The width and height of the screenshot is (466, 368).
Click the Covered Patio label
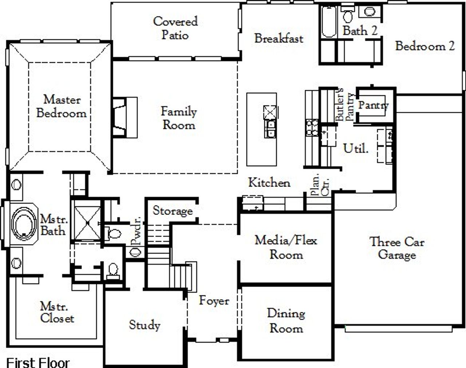pos(175,28)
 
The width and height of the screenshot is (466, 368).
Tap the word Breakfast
pos(279,38)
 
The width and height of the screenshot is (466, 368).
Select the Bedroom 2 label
pos(425,46)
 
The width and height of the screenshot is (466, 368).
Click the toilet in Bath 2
pos(348,16)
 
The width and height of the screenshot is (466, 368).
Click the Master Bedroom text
pos(62,106)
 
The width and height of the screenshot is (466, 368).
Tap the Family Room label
pos(179,118)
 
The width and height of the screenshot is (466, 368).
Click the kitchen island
pos(261,129)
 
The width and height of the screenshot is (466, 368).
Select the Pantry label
pos(374,105)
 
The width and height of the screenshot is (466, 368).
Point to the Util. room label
pos(356,148)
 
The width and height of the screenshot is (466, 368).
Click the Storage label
pos(173,211)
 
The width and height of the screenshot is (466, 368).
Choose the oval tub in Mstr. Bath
pos(24,223)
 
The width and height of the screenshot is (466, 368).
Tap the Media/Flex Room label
pos(286,247)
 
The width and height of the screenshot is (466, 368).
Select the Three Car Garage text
pos(397,248)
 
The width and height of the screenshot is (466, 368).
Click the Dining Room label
pos(286,320)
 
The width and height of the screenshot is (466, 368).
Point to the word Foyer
pos(214,301)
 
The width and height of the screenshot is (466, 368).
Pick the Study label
pos(145,325)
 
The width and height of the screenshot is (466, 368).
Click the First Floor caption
pos(38,362)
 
